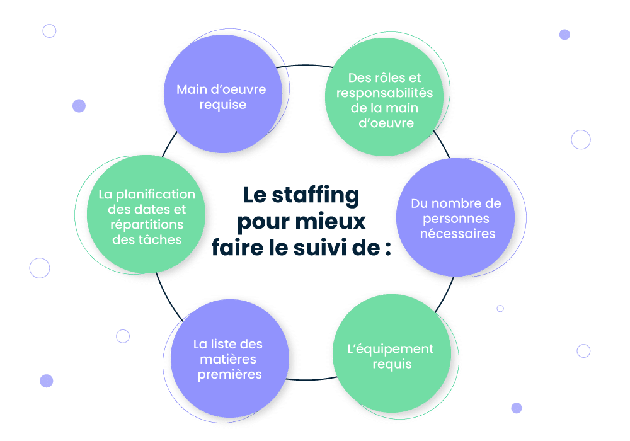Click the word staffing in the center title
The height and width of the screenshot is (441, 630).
pos(316,196)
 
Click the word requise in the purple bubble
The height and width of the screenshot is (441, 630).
pos(223,105)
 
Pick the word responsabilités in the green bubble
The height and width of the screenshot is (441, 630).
pos(384,93)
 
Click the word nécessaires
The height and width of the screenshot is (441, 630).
pos(457,234)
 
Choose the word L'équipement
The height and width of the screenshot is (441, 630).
pos(391,349)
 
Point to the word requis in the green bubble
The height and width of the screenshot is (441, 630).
pos(392,365)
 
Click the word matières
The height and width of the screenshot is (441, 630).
pos(228,359)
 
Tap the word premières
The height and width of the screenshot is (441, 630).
pos(229,375)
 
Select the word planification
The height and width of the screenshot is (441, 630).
pos(156,195)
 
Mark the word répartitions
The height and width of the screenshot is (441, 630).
pos(147,225)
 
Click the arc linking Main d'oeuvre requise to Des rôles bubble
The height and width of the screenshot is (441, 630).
pos(304,65)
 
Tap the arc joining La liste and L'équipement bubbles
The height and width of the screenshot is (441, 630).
pos(311,379)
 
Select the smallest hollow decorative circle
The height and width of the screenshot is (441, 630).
pos(500,309)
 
